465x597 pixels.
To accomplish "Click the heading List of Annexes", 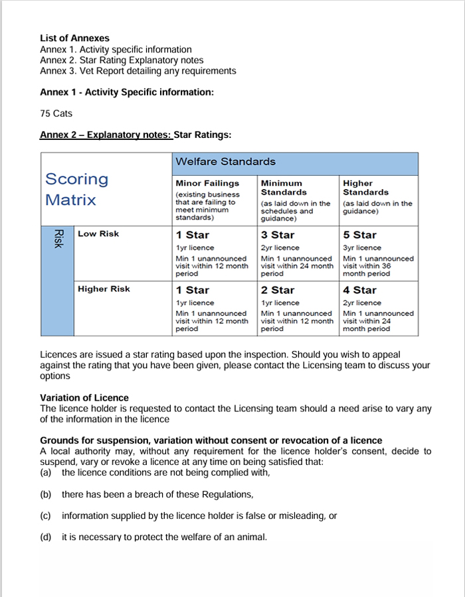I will pos(74,38).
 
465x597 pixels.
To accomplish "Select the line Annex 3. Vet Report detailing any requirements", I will pos(138,71).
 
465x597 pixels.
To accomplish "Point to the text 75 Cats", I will pos(56,113).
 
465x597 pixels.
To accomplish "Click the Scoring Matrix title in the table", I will pos(76,190).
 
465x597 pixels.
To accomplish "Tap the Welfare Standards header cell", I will pos(225,162).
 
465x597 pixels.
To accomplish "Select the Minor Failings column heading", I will pos(207,183).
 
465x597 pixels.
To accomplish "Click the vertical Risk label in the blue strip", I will pos(58,239).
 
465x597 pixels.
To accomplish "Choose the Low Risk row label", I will pos(98,234).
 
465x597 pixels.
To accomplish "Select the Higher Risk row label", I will pos(104,289).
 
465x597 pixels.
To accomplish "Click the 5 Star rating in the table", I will pos(359,235).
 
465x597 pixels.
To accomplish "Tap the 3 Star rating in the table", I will pos(278,235).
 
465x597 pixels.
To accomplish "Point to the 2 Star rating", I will pos(278,290).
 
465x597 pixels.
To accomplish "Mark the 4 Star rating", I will pos(359,290).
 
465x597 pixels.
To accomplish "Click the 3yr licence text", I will pos(363,247).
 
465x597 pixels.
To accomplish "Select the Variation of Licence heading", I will pos(84,398).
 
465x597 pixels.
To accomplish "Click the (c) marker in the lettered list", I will pos(46,515).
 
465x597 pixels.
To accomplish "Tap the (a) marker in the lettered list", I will pos(46,472).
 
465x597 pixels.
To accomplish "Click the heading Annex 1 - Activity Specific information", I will pos(127,92).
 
